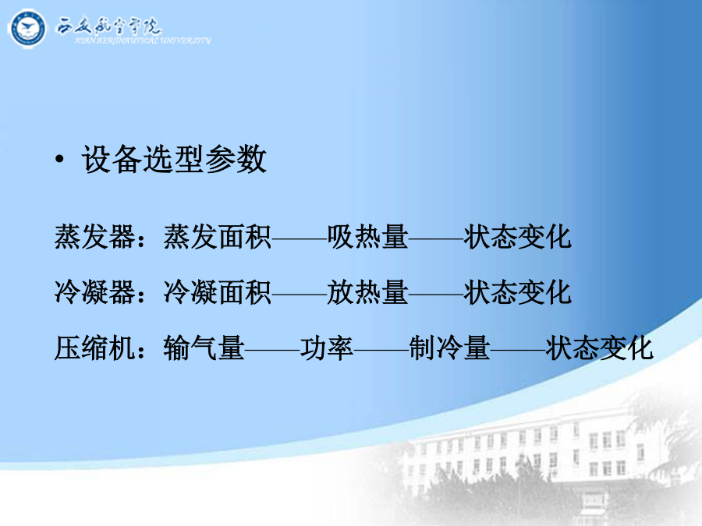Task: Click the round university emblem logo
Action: [x=27, y=29]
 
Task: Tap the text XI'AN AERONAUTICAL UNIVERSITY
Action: [x=143, y=41]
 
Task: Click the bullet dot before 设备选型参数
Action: [x=59, y=159]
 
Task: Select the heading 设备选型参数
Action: [x=174, y=159]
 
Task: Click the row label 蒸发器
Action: [x=95, y=237]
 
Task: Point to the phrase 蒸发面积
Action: [x=217, y=237]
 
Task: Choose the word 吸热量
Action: [x=367, y=237]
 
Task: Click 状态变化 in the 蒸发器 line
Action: [x=518, y=237]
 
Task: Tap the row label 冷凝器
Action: [x=95, y=292]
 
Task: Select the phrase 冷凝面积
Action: [x=217, y=292]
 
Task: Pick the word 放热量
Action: [x=367, y=292]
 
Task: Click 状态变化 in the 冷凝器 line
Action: [x=518, y=292]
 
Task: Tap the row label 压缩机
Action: [x=95, y=348]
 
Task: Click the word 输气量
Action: [x=204, y=348]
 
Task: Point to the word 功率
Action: [x=326, y=348]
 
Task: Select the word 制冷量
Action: [x=449, y=348]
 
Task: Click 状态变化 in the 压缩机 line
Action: [x=600, y=348]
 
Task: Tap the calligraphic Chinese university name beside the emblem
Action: [x=108, y=26]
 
